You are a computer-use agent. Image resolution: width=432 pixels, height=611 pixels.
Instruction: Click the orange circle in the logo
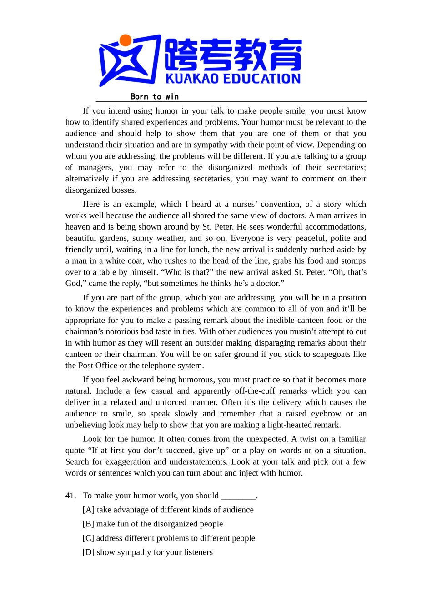click(126, 40)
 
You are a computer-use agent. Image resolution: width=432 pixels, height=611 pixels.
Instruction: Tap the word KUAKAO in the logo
click(192, 79)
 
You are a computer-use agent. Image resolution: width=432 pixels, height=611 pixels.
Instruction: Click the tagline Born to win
click(155, 96)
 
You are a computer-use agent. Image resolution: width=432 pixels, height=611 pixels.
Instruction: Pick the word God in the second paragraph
click(73, 284)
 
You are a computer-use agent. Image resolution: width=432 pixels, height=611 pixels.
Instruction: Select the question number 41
click(70, 496)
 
